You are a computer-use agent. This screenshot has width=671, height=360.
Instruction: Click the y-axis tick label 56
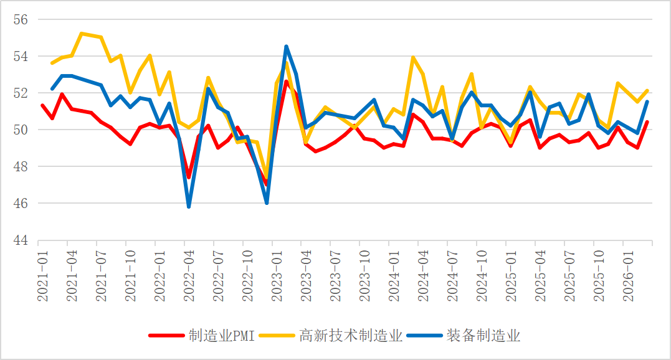(x=21, y=19)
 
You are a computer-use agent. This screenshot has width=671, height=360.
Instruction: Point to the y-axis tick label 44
(x=21, y=240)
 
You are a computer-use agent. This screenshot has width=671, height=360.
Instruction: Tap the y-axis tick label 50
(x=21, y=130)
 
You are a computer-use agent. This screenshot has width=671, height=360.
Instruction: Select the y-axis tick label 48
(x=21, y=167)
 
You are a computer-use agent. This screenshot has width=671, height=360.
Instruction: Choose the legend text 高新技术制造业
(x=351, y=336)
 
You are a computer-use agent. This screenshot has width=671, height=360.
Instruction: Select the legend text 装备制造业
(x=483, y=336)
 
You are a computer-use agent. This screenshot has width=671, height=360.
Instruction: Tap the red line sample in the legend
(x=167, y=336)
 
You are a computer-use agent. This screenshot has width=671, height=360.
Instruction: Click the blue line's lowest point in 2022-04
(x=189, y=207)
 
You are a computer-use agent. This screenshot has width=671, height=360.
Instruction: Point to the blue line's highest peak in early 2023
(x=286, y=46)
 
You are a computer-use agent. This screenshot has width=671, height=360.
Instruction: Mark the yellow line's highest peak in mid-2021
(x=82, y=33)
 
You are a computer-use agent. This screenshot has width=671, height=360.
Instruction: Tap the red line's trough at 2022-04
(x=189, y=178)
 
